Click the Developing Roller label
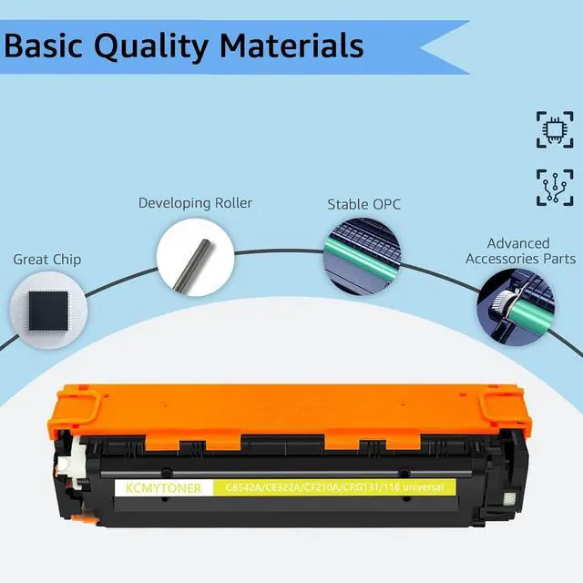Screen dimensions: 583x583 coord(195,203)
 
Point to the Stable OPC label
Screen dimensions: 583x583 coord(363,204)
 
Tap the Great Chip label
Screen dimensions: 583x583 coord(46,260)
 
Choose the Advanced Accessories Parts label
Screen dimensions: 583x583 coord(519,251)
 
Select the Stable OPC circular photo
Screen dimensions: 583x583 coord(362,255)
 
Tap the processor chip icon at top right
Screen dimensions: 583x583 coord(555,129)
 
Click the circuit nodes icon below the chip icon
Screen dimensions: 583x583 coord(555,187)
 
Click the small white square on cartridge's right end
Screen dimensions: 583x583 coord(506,499)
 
